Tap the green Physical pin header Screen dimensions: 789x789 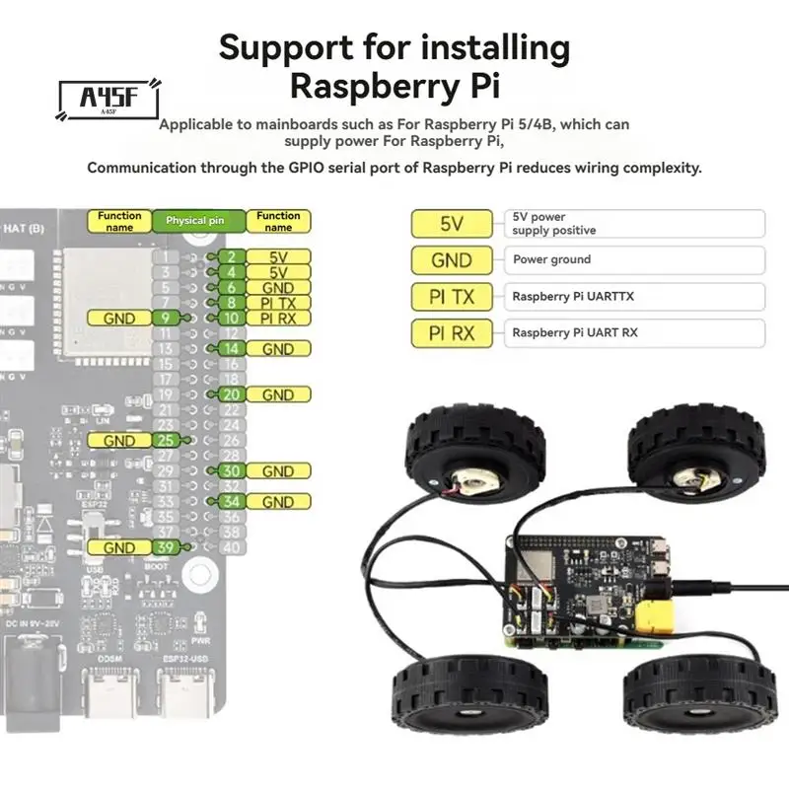(x=194, y=221)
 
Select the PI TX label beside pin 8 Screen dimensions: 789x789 (x=278, y=303)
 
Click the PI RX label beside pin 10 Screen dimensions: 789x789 (x=278, y=318)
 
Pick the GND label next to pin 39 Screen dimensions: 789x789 (x=119, y=547)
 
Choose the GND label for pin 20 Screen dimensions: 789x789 (x=278, y=394)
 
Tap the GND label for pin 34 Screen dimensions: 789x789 (x=278, y=502)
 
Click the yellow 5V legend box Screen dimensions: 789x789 (x=452, y=224)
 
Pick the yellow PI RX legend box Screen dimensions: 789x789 (x=452, y=333)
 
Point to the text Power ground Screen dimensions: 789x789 (x=551, y=259)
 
